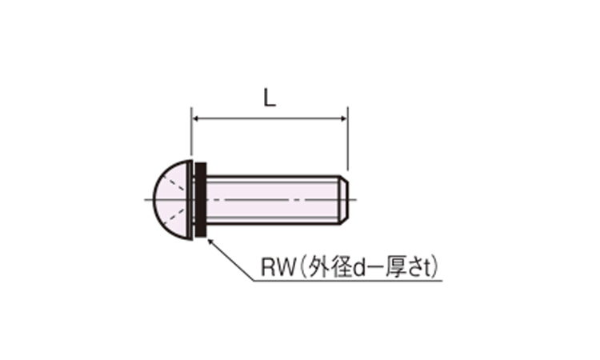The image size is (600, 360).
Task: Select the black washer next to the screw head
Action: coord(202,199)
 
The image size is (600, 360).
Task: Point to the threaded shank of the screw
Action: coord(272,198)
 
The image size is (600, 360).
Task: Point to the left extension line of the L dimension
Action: coord(191,136)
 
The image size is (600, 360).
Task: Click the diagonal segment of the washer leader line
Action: coord(232,260)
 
